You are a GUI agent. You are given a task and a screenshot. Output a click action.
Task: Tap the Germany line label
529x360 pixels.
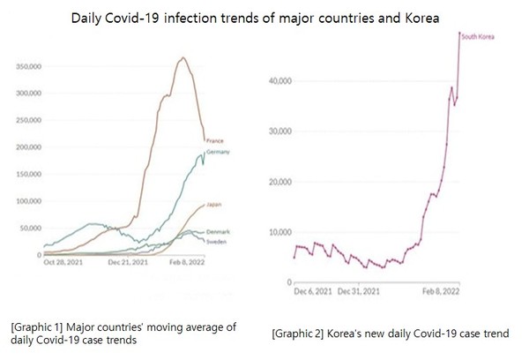[x=219, y=153]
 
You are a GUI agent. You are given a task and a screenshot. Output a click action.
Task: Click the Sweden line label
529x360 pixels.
[x=217, y=240]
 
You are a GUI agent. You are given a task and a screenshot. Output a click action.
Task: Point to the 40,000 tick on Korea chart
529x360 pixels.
[x=279, y=81]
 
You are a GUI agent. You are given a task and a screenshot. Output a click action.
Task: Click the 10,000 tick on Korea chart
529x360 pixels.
[x=279, y=232]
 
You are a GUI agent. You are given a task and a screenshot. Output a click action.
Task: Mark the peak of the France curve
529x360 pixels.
[x=182, y=57]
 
